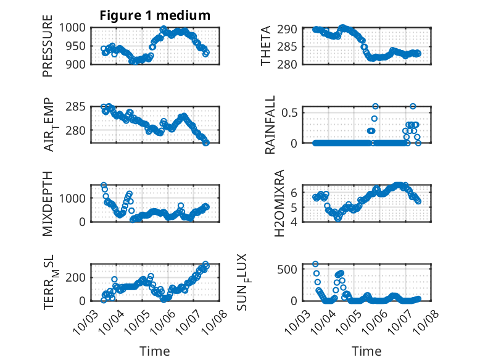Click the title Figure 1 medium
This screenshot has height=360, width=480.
155,15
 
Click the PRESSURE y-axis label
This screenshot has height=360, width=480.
48,46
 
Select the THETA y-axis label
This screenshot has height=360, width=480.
266,46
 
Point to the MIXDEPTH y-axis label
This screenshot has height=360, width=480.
48,204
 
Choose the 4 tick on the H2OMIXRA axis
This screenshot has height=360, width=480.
295,221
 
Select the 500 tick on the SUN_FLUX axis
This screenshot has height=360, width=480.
291,269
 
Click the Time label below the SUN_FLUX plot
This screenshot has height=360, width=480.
366,351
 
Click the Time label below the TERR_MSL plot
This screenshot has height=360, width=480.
154,351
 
